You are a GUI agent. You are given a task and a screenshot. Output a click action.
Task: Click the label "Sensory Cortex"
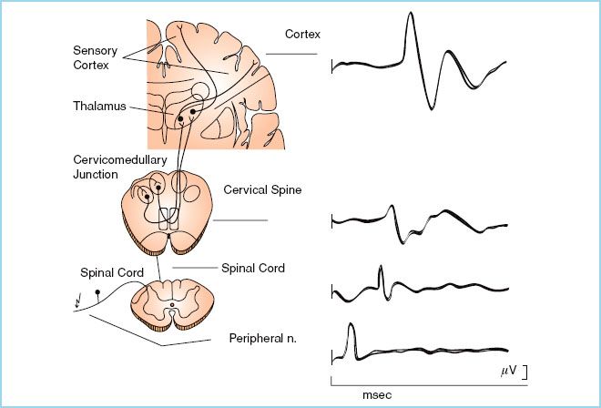coord(95,56)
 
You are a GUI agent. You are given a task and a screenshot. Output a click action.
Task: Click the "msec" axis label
coord(377,397)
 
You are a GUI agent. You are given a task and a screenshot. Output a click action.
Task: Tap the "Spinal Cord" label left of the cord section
coord(108,271)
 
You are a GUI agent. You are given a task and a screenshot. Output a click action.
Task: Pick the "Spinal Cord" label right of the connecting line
coord(253,269)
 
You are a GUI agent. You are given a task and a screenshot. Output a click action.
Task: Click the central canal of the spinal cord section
coord(171,303)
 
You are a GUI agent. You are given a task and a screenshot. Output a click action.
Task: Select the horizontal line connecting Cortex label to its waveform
coord(291,54)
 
